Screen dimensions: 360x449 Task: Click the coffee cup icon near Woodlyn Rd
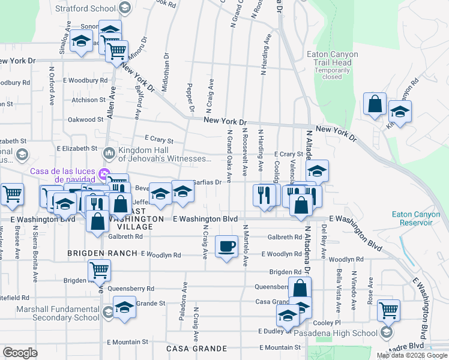(x=226, y=247)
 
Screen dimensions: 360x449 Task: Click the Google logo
(x=20, y=353)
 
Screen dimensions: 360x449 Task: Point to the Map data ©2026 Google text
(x=412, y=355)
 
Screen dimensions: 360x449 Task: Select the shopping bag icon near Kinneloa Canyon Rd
(x=375, y=103)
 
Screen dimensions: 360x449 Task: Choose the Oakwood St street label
(x=86, y=119)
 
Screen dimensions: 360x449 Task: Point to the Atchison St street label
(x=89, y=100)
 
